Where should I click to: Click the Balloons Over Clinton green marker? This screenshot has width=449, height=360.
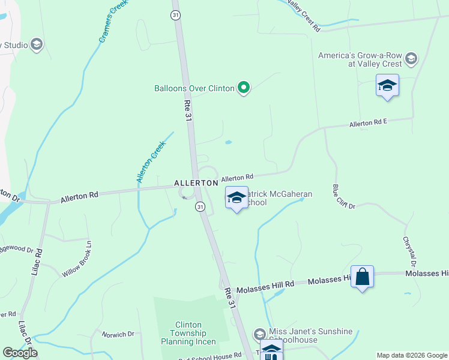[243, 88]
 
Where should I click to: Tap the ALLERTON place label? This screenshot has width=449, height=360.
[196, 182]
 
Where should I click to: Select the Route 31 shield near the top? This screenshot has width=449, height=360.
[175, 14]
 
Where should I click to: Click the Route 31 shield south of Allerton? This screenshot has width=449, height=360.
[200, 206]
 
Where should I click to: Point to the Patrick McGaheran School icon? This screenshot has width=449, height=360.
[237, 197]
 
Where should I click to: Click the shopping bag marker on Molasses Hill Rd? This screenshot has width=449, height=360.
[362, 277]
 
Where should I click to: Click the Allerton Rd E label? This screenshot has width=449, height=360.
[369, 124]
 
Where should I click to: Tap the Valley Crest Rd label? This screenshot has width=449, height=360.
[304, 16]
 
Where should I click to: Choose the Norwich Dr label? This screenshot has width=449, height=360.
[118, 334]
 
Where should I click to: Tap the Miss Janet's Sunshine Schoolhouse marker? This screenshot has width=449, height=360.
[260, 334]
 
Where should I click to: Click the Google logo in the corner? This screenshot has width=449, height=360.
[20, 353]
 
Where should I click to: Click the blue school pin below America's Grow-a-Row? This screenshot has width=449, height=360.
[387, 85]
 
